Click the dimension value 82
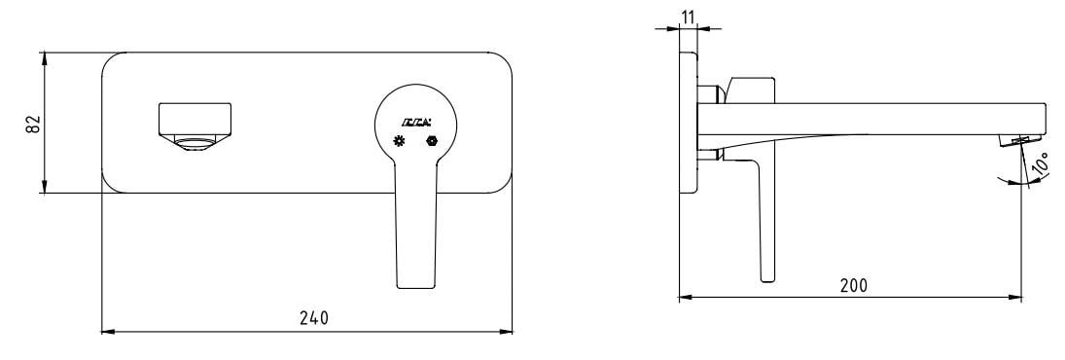(x=33, y=124)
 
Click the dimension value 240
(x=313, y=318)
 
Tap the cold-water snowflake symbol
(x=398, y=142)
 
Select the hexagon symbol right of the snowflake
(x=432, y=142)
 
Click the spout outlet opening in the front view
(x=196, y=144)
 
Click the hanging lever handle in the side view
(x=763, y=224)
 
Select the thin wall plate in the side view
(x=690, y=122)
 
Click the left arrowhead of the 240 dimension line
(x=107, y=332)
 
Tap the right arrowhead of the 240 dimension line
(x=509, y=332)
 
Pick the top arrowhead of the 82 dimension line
(x=45, y=56)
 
